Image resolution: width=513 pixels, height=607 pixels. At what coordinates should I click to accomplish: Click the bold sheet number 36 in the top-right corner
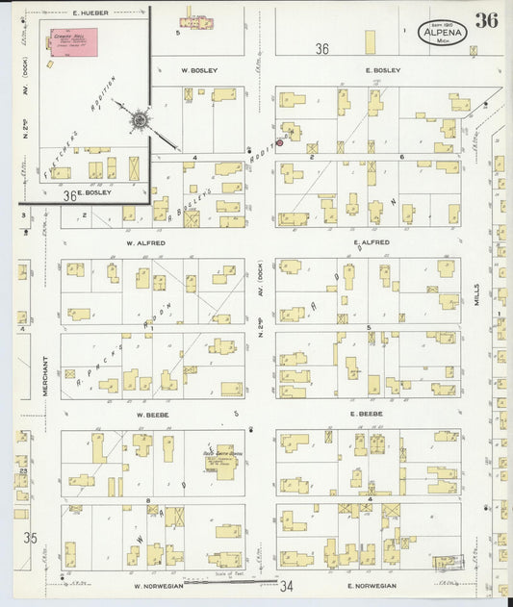486,21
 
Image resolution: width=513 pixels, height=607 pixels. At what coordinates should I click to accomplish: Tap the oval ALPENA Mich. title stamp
444,33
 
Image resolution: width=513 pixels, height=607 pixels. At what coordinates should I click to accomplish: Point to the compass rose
141,120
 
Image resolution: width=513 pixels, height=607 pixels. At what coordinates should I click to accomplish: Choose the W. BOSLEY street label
199,70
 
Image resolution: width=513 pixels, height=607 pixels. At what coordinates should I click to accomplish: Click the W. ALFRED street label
145,243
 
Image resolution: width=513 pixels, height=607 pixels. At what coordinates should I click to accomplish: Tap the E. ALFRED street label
370,242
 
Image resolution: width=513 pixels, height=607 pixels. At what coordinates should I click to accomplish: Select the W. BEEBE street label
153,414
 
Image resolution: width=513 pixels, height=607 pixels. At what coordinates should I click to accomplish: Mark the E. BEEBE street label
367,414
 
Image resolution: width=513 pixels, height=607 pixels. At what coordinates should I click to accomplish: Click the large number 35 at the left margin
30,538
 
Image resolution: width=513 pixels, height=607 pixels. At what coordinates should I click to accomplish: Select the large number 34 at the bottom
286,585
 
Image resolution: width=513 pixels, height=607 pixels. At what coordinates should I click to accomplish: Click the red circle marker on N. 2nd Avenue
280,143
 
